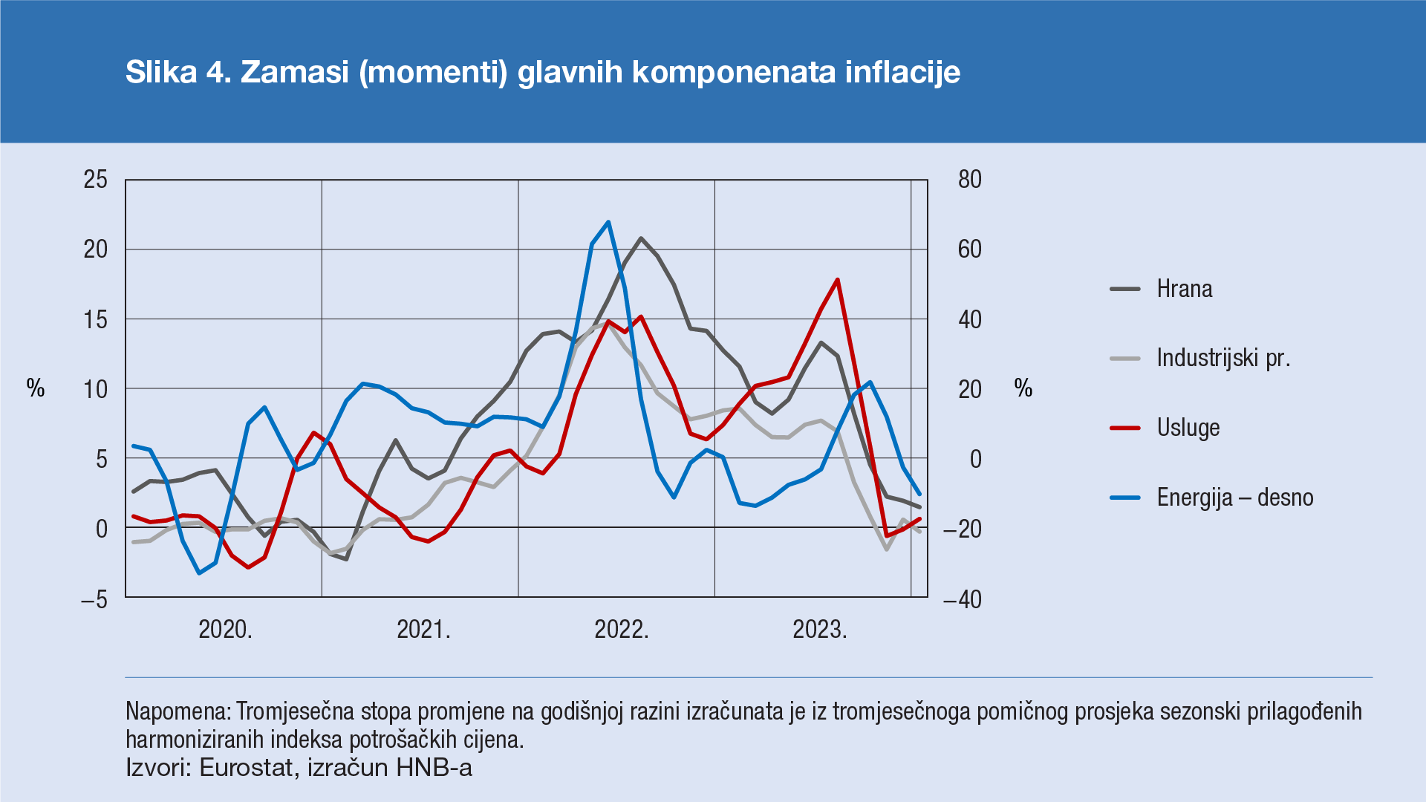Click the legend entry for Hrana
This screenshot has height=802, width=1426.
[x=1184, y=289]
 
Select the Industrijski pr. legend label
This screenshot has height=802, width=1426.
[x=1222, y=358]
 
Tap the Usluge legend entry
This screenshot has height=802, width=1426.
[x=1188, y=428]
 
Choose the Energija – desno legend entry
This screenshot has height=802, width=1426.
[x=1234, y=498]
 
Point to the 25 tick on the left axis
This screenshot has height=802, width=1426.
[x=96, y=180]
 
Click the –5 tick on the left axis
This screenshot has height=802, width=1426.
[x=94, y=599]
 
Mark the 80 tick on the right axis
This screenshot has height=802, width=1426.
[x=969, y=180]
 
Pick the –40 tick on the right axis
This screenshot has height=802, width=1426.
[x=963, y=599]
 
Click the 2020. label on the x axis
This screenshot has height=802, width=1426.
[x=225, y=630]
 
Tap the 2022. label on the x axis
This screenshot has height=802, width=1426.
[x=622, y=630]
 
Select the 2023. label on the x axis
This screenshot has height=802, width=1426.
[x=819, y=630]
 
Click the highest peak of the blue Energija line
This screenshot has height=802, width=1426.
[x=608, y=222]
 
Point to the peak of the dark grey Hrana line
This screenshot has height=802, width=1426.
[x=641, y=238]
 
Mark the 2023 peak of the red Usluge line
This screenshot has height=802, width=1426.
[x=838, y=280]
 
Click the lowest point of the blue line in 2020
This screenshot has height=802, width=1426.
[x=199, y=573]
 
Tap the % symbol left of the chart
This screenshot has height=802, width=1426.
[x=36, y=388]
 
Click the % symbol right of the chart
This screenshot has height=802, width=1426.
[x=1023, y=388]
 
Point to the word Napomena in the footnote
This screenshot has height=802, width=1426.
[x=178, y=711]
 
